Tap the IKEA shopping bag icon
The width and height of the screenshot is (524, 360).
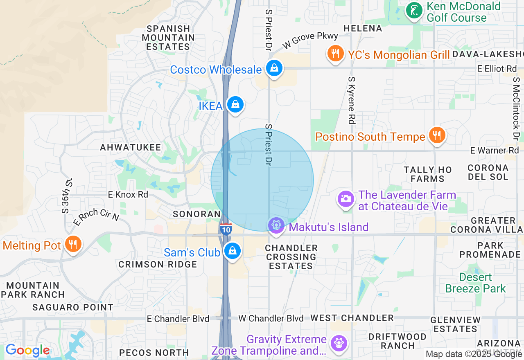coord(235,104)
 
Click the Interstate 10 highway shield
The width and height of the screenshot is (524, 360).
coord(226,229)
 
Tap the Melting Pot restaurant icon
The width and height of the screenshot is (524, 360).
coord(73,244)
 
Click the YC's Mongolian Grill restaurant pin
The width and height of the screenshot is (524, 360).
coord(335,54)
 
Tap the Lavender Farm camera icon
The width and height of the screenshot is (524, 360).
coord(346,199)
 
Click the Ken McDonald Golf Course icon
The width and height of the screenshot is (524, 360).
coord(414,10)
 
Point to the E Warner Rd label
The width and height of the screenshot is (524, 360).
coord(494,151)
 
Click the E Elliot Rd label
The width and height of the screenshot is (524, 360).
coord(497,69)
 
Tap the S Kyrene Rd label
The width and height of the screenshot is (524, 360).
coord(352,100)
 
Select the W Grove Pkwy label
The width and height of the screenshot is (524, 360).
coord(310,41)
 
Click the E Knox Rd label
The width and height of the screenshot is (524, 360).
coord(128,195)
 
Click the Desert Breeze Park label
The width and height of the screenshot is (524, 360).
coord(475,283)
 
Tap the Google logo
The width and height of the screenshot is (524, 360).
coord(27,351)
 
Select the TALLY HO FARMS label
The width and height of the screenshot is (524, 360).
coord(427,174)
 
